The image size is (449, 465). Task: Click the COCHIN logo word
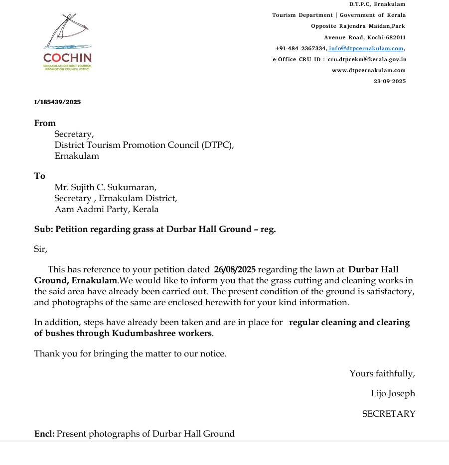pyautogui.click(x=67, y=58)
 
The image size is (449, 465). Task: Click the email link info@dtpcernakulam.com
pyautogui.click(x=366, y=48)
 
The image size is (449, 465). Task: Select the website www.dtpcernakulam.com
pyautogui.click(x=369, y=70)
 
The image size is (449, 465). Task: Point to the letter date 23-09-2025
pyautogui.click(x=389, y=81)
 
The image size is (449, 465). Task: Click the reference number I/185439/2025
pyautogui.click(x=57, y=102)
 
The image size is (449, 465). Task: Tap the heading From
pyautogui.click(x=45, y=123)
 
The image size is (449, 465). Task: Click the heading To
pyautogui.click(x=40, y=176)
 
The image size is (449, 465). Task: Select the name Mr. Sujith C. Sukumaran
pyautogui.click(x=105, y=187)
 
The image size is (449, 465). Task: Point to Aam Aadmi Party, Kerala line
pyautogui.click(x=106, y=209)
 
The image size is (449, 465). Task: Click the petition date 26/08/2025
pyautogui.click(x=234, y=270)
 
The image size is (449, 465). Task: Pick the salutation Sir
pyautogui.click(x=40, y=249)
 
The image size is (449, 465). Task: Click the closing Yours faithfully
pyautogui.click(x=382, y=373)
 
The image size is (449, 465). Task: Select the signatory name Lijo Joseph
pyautogui.click(x=393, y=393)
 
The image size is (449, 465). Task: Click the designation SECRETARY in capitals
pyautogui.click(x=388, y=414)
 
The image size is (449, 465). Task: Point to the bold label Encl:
pyautogui.click(x=44, y=434)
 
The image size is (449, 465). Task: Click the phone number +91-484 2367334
pyautogui.click(x=300, y=48)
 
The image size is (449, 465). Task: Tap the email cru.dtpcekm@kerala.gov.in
pyautogui.click(x=367, y=59)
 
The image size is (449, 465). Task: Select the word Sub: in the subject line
pyautogui.click(x=43, y=229)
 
